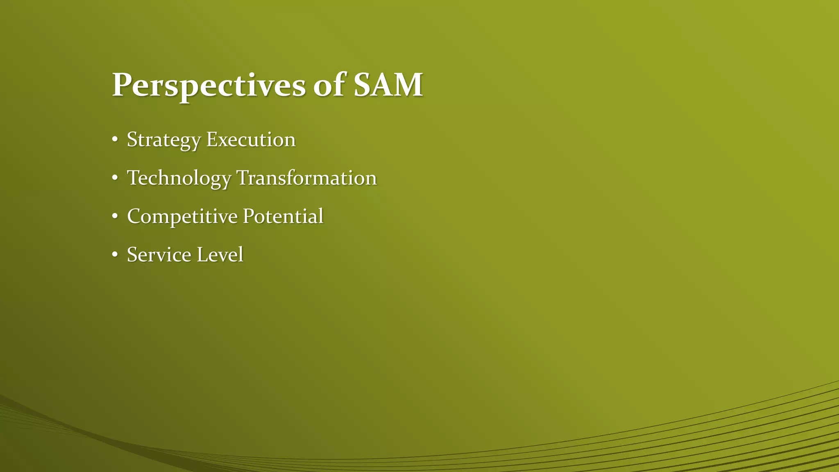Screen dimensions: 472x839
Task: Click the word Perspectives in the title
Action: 209,85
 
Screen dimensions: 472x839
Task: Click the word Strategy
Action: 164,140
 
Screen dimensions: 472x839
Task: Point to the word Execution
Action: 251,139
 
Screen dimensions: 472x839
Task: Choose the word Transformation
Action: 306,178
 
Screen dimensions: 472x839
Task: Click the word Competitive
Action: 182,217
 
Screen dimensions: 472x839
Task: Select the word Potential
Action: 283,216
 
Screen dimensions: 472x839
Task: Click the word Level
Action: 220,254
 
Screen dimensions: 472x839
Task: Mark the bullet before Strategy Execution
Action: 115,140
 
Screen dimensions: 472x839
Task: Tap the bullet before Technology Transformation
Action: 115,178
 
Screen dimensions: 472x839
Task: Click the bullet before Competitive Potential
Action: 115,216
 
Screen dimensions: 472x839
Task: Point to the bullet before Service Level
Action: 115,255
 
